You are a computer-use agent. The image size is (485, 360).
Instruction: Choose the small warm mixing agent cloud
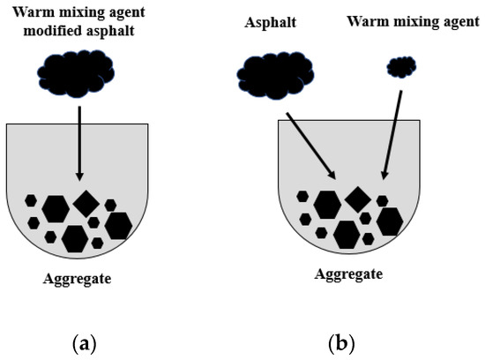pos(402,66)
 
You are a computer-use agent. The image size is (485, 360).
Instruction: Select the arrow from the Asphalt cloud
pos(308,143)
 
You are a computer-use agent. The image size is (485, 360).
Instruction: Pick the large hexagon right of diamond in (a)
pos(117,226)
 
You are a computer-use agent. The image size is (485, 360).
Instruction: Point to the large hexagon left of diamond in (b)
pos(327,204)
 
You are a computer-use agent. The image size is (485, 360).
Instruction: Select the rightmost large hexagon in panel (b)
pos(389,221)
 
